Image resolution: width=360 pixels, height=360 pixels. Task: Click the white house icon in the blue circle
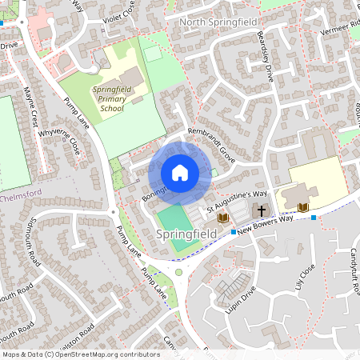179,172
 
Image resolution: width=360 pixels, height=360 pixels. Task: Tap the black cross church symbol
261,210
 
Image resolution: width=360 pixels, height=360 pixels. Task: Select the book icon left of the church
223,217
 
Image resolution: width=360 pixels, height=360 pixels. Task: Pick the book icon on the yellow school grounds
302,207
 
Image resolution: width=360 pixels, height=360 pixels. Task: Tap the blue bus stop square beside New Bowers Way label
233,232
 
